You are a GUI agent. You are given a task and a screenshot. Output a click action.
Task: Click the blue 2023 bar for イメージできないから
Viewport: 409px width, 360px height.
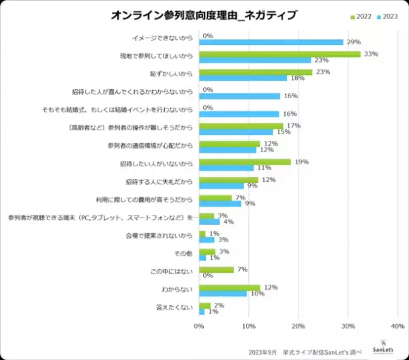(x=271, y=42)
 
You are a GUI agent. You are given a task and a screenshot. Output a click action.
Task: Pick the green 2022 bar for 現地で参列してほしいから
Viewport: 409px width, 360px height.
(x=279, y=54)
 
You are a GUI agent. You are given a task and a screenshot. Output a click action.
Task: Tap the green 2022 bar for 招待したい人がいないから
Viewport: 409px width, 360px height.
(x=245, y=162)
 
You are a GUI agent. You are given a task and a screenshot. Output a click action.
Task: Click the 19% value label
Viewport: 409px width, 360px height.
(x=301, y=162)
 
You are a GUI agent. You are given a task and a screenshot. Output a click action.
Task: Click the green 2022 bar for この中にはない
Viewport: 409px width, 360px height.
(x=217, y=269)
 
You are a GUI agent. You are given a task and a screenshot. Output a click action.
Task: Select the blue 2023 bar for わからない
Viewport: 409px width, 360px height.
(x=223, y=293)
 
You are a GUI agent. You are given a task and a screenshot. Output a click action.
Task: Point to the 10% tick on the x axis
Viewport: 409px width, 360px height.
(x=249, y=327)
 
